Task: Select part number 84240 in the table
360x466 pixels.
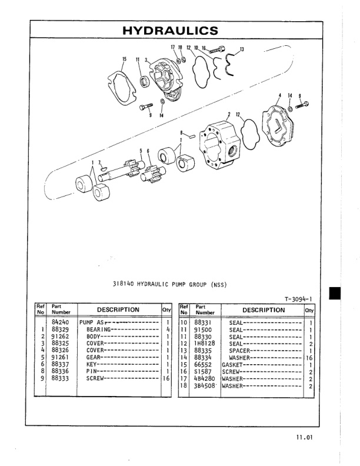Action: (61, 323)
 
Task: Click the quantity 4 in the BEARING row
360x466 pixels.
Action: (168, 329)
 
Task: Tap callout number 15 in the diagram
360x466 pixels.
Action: (124, 59)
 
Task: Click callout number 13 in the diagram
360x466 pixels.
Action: (241, 49)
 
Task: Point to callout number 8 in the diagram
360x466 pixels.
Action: (181, 132)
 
